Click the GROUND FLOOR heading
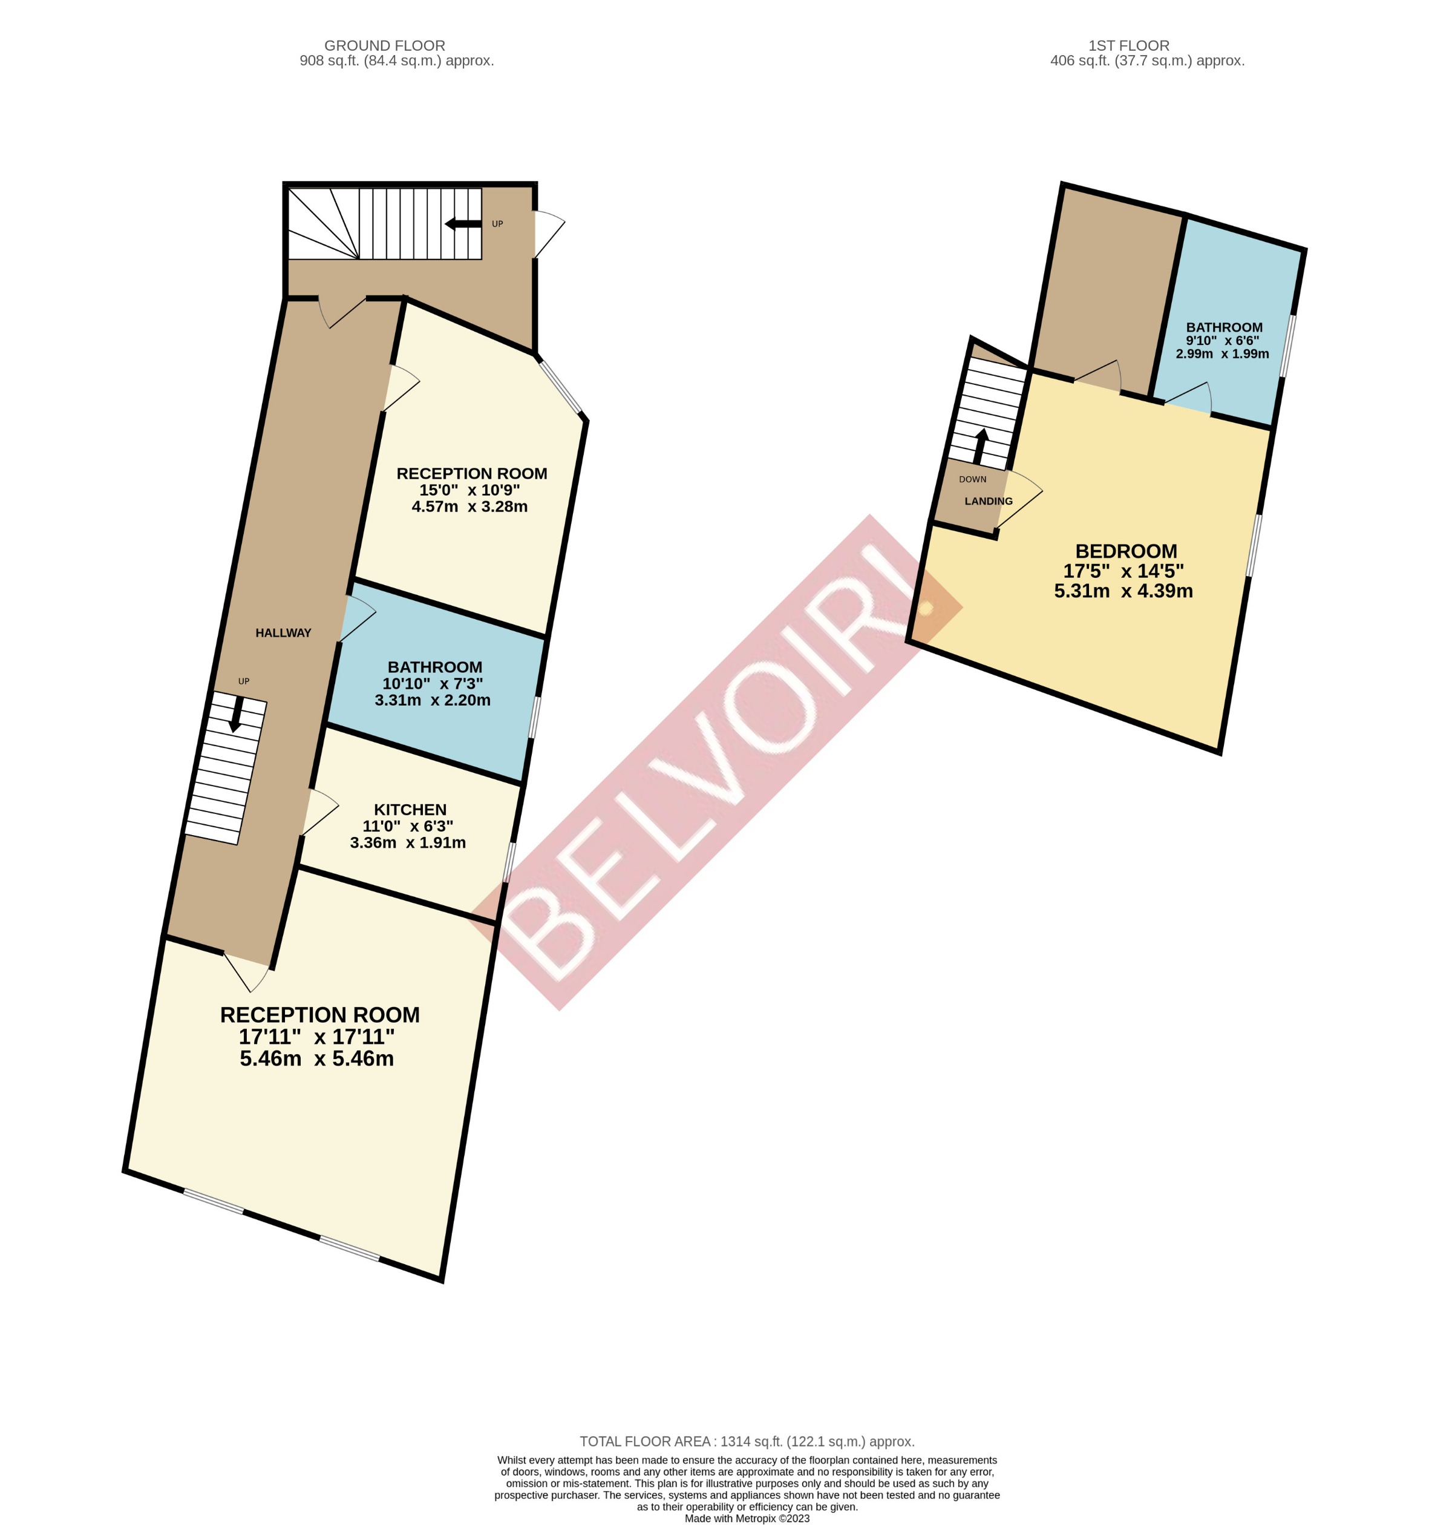384,45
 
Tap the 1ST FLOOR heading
1128,45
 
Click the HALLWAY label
283,633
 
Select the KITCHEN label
410,809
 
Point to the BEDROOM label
1125,551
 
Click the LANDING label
988,501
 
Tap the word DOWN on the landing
972,479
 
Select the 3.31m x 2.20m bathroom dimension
432,700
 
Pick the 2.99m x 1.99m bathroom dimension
1222,353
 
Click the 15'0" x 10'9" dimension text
469,490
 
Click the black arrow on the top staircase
463,224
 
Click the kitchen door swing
321,811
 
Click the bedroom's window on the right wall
1254,544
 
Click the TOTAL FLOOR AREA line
747,1441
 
